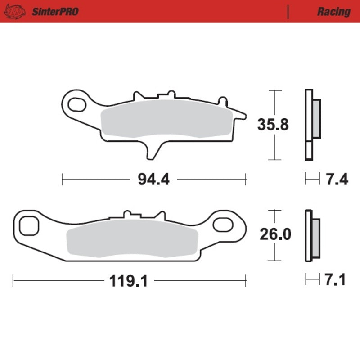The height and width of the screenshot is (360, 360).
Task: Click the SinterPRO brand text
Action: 55,11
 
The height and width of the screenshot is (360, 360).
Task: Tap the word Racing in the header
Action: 333,11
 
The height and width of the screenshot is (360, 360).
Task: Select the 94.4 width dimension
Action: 153,180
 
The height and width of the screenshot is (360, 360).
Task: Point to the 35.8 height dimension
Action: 273,125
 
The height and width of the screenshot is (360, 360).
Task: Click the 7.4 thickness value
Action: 336,180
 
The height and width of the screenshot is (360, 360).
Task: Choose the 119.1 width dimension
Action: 128,282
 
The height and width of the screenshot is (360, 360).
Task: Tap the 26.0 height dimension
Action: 274,234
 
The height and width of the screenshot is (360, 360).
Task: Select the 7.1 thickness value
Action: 335,280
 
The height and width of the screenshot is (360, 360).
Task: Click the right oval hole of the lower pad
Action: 224,224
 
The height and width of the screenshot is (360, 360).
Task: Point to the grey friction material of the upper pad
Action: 166,118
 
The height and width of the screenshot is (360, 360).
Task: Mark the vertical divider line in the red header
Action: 288,11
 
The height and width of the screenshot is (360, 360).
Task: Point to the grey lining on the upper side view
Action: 316,119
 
